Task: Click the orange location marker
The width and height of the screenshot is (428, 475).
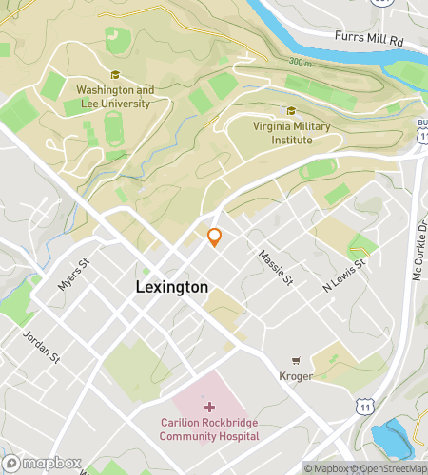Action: (215, 237)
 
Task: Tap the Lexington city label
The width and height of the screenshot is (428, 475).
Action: (172, 286)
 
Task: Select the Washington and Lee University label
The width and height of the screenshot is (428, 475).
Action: (115, 97)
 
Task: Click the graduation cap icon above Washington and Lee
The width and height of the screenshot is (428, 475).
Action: (115, 76)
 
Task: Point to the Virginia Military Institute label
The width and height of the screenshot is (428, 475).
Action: (282, 133)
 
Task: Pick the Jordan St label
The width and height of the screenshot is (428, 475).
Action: (42, 347)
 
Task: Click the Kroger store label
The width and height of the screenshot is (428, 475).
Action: (296, 377)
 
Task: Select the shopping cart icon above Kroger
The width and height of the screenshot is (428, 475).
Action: (296, 360)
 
